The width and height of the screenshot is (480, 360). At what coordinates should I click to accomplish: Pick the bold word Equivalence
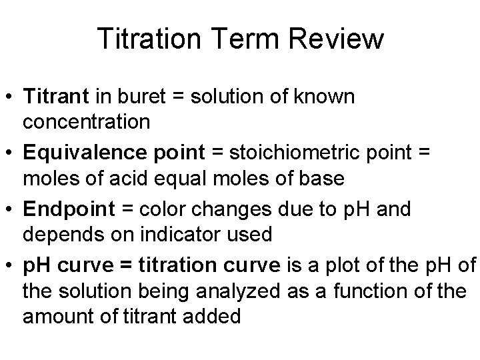[75, 153]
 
